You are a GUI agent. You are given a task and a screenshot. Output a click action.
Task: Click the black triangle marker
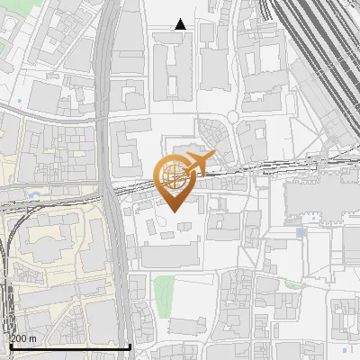click(x=181, y=24)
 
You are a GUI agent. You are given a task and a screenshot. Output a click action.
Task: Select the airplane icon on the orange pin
click(x=199, y=163)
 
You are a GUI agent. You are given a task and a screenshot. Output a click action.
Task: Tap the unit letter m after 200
click(x=33, y=338)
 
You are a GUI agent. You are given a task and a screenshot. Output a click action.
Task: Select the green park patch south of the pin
click(x=163, y=291)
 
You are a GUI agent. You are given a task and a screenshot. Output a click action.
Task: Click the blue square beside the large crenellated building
click(x=301, y=233)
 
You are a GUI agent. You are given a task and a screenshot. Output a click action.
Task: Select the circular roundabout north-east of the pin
click(x=232, y=117)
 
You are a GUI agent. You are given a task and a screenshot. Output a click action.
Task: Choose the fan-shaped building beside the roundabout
click(x=214, y=134)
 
